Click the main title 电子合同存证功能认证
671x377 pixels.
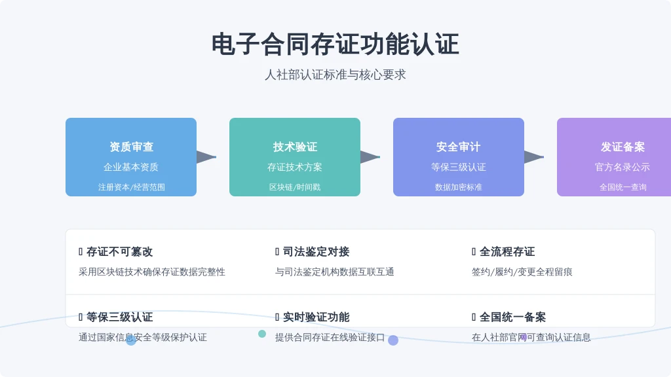335,45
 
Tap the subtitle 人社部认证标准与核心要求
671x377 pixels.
335,75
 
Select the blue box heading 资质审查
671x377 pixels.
131,147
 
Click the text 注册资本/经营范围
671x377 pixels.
131,187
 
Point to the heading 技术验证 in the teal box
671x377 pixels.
295,147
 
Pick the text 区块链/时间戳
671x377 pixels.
295,187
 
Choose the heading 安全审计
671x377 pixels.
458,147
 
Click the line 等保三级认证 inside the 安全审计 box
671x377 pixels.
458,167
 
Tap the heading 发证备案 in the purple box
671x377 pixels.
623,147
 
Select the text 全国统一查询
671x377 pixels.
623,187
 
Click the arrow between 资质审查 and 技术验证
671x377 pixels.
206,157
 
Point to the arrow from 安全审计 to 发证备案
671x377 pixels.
534,157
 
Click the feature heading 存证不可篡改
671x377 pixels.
119,252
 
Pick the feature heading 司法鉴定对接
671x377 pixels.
316,252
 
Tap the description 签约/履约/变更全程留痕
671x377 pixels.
522,272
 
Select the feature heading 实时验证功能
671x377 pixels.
316,317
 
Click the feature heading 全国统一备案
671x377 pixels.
512,317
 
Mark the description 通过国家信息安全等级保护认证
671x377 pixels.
142,337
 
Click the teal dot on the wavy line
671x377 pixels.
262,334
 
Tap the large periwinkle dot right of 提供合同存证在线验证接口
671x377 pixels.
393,340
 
